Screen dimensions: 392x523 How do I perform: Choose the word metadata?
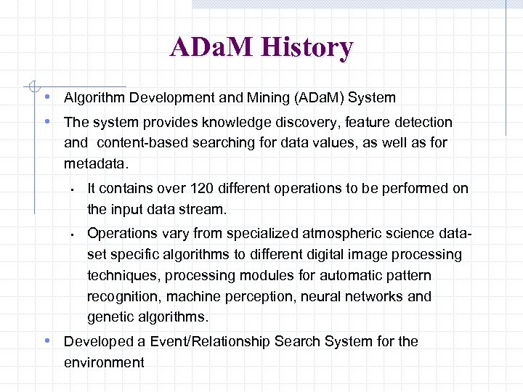pyautogui.click(x=95, y=164)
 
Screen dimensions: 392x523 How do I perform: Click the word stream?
pyautogui.click(x=206, y=210)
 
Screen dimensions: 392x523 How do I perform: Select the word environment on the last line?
pyautogui.click(x=104, y=362)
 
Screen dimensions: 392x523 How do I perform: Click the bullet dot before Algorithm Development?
pyautogui.click(x=46, y=97)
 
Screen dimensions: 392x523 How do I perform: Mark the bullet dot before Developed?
pyautogui.click(x=46, y=341)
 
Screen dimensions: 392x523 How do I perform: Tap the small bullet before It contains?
pyautogui.click(x=73, y=189)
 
